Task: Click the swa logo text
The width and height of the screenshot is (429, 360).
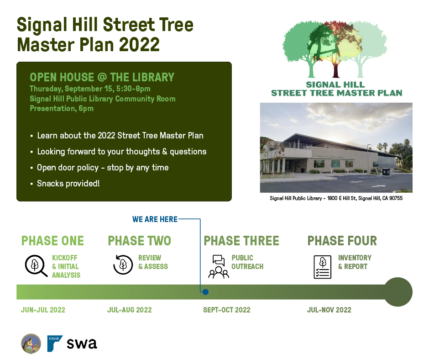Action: (x=82, y=344)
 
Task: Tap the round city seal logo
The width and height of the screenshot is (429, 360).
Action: (x=31, y=344)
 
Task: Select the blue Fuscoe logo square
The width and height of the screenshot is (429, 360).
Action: (x=55, y=344)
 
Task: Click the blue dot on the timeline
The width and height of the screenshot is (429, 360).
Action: (x=205, y=292)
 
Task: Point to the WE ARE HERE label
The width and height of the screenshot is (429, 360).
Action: (x=155, y=219)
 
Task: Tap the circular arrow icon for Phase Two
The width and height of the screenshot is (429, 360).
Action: (x=123, y=265)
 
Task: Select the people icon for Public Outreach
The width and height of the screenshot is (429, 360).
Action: (x=219, y=267)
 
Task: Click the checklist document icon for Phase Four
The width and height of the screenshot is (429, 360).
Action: (x=322, y=267)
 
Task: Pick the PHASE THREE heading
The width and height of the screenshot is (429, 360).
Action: (x=241, y=241)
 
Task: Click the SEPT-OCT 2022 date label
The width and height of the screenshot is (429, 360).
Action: (x=226, y=310)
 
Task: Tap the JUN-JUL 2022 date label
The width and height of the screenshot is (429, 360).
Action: (x=43, y=310)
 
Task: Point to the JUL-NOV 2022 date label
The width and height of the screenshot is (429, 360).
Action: (x=329, y=310)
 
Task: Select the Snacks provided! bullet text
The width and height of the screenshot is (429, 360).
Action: (x=68, y=184)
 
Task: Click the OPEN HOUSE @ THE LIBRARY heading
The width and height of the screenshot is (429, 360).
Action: (x=102, y=77)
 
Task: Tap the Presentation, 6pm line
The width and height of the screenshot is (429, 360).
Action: (x=62, y=108)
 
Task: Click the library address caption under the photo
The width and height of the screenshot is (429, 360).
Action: (x=336, y=198)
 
